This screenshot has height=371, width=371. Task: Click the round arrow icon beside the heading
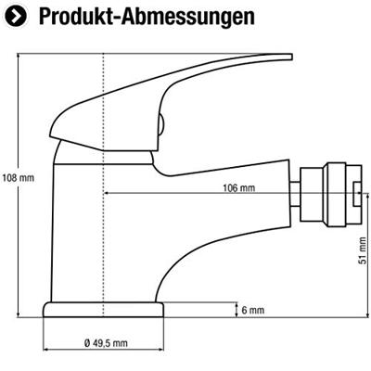point(16,17)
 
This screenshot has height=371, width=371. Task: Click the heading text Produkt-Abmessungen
point(147,17)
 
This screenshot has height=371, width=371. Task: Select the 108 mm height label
point(18,178)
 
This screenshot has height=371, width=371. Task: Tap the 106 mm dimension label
point(239,187)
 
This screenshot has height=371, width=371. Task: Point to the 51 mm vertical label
point(363,250)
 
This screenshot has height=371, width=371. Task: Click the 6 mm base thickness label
point(253,310)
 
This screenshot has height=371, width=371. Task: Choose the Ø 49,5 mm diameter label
point(106,343)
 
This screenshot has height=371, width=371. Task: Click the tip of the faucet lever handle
point(291,57)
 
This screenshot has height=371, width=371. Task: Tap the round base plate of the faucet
point(103,310)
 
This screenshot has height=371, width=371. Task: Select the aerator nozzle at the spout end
point(331,194)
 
